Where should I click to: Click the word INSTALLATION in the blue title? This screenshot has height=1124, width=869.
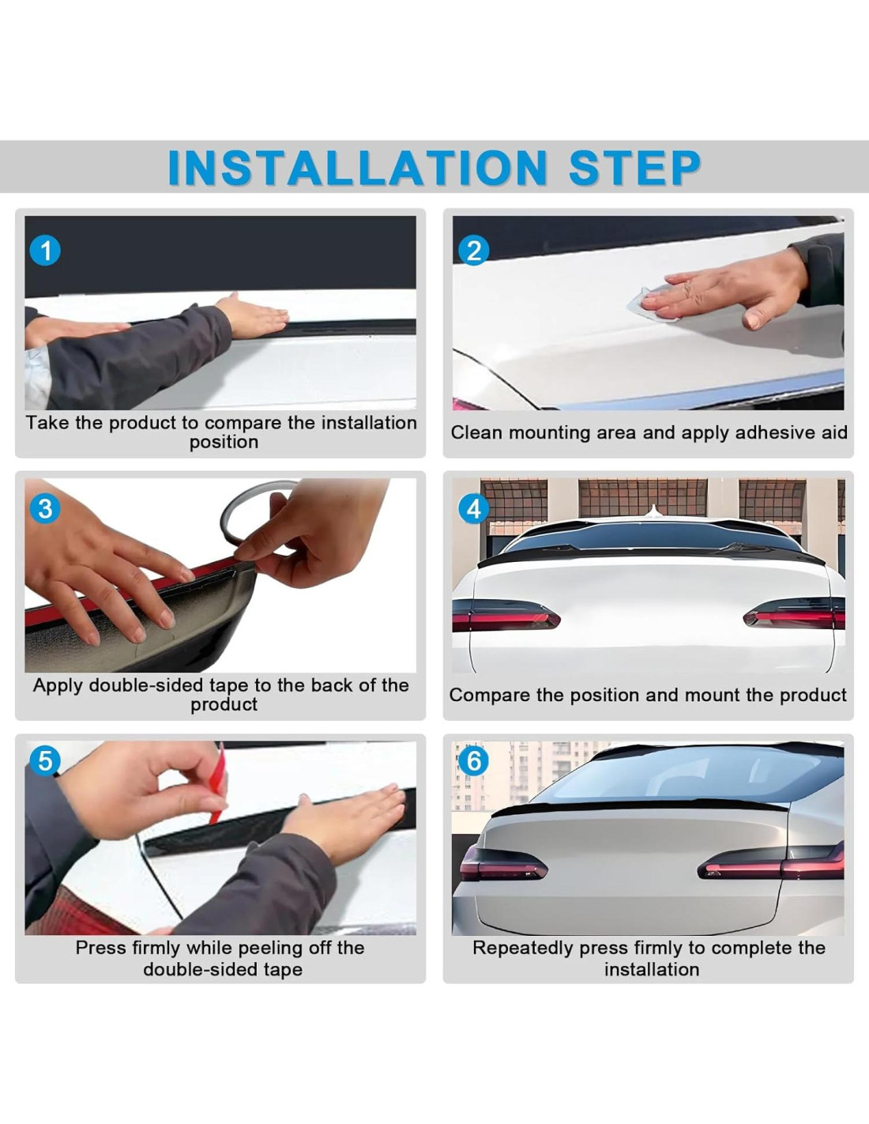coord(357,168)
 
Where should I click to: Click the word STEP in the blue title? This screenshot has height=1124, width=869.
coord(635,168)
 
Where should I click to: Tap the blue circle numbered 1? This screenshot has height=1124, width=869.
coord(46,251)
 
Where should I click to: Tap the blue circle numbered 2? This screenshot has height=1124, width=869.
coord(474,251)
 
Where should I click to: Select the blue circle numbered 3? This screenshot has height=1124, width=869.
coord(46,508)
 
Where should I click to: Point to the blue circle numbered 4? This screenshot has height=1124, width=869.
coord(474,509)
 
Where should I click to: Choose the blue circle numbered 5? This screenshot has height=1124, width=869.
coord(46,761)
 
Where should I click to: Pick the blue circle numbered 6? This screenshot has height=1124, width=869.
coord(473,761)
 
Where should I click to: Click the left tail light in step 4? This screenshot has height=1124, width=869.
coord(505,615)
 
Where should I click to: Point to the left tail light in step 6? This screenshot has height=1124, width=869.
coord(503,863)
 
